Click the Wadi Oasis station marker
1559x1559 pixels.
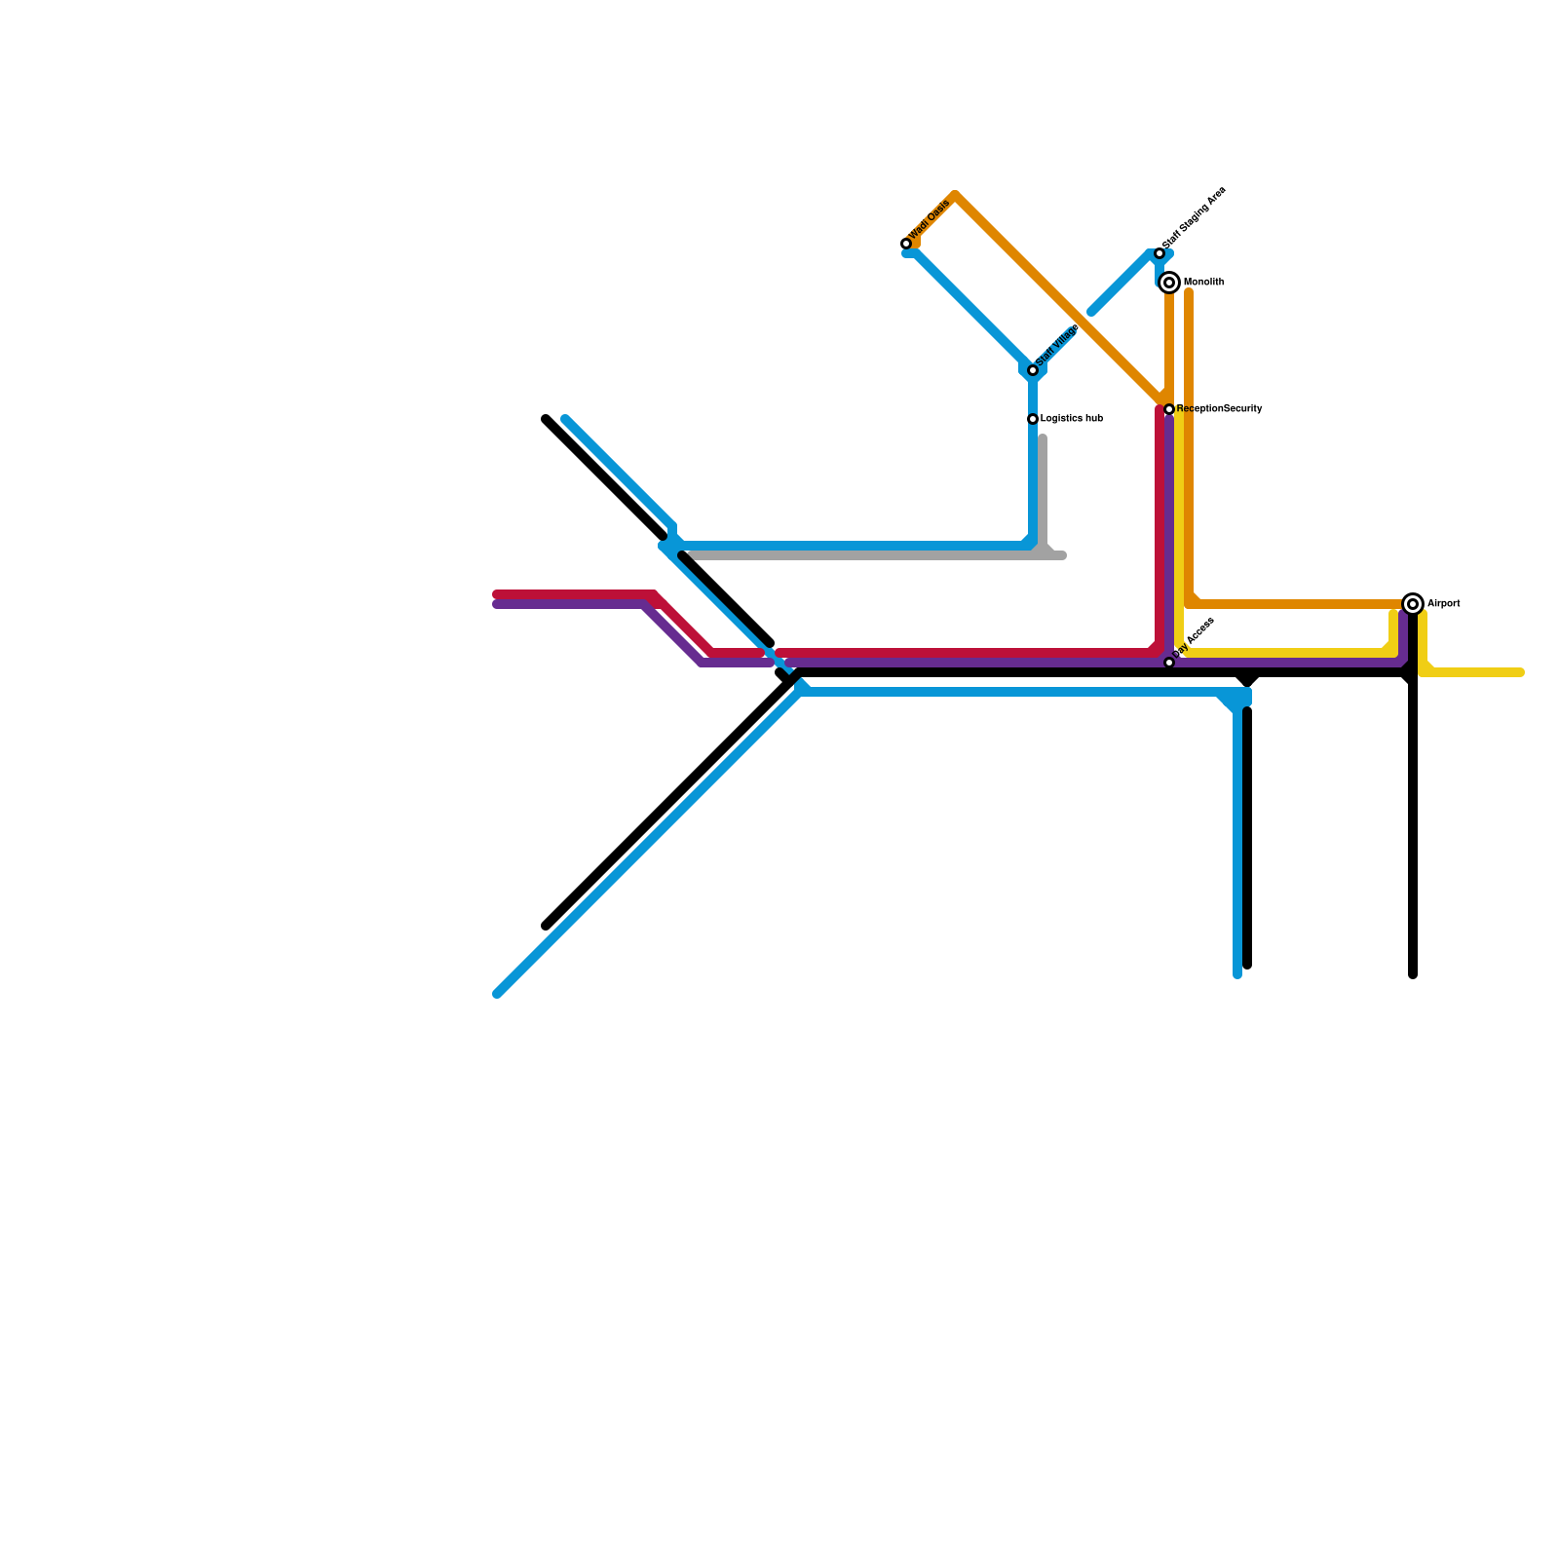[x=906, y=244]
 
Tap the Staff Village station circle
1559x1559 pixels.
[x=1033, y=370]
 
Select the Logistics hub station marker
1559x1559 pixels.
[x=1033, y=419]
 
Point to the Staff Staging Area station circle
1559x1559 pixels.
[x=1160, y=253]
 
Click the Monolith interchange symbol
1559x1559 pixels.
[x=1169, y=283]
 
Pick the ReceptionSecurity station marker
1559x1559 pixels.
[x=1169, y=409]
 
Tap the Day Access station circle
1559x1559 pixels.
[x=1169, y=663]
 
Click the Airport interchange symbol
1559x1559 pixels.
[x=1413, y=604]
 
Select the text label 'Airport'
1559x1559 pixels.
[x=1443, y=604]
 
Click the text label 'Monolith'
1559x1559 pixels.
[x=1203, y=283]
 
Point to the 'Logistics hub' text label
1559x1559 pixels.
[x=1071, y=419]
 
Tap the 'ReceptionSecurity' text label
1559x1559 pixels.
[x=1219, y=409]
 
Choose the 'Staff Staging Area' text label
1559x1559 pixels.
[x=1195, y=216]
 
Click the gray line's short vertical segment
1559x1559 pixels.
[x=1043, y=492]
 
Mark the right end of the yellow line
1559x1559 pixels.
[x=1520, y=672]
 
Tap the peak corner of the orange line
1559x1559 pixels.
[x=955, y=196]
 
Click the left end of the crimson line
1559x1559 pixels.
[x=497, y=594]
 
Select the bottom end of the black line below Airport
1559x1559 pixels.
[x=1413, y=974]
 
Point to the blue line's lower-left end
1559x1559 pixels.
[x=497, y=994]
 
